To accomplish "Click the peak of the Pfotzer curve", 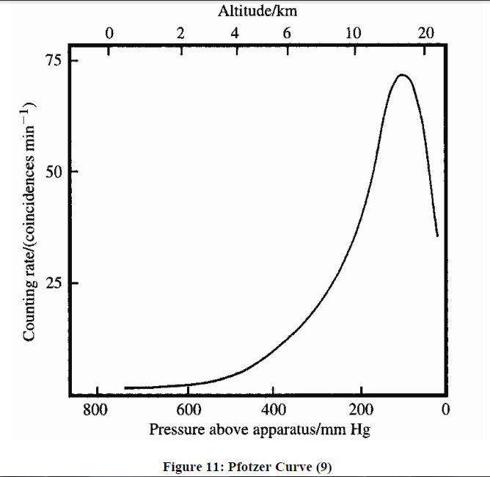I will pyautogui.click(x=402, y=75).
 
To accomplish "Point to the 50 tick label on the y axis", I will pyautogui.click(x=54, y=172).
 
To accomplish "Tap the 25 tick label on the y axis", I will pyautogui.click(x=54, y=283).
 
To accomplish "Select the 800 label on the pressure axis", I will pyautogui.click(x=95, y=409).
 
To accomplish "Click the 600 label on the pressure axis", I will pyautogui.click(x=189, y=409).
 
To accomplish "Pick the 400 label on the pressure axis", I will pyautogui.click(x=274, y=409).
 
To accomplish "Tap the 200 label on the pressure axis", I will pyautogui.click(x=361, y=409).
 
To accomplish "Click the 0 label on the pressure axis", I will pyautogui.click(x=445, y=409).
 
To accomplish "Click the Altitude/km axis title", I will pyautogui.click(x=257, y=11).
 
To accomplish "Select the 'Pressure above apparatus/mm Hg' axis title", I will pyautogui.click(x=260, y=429).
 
